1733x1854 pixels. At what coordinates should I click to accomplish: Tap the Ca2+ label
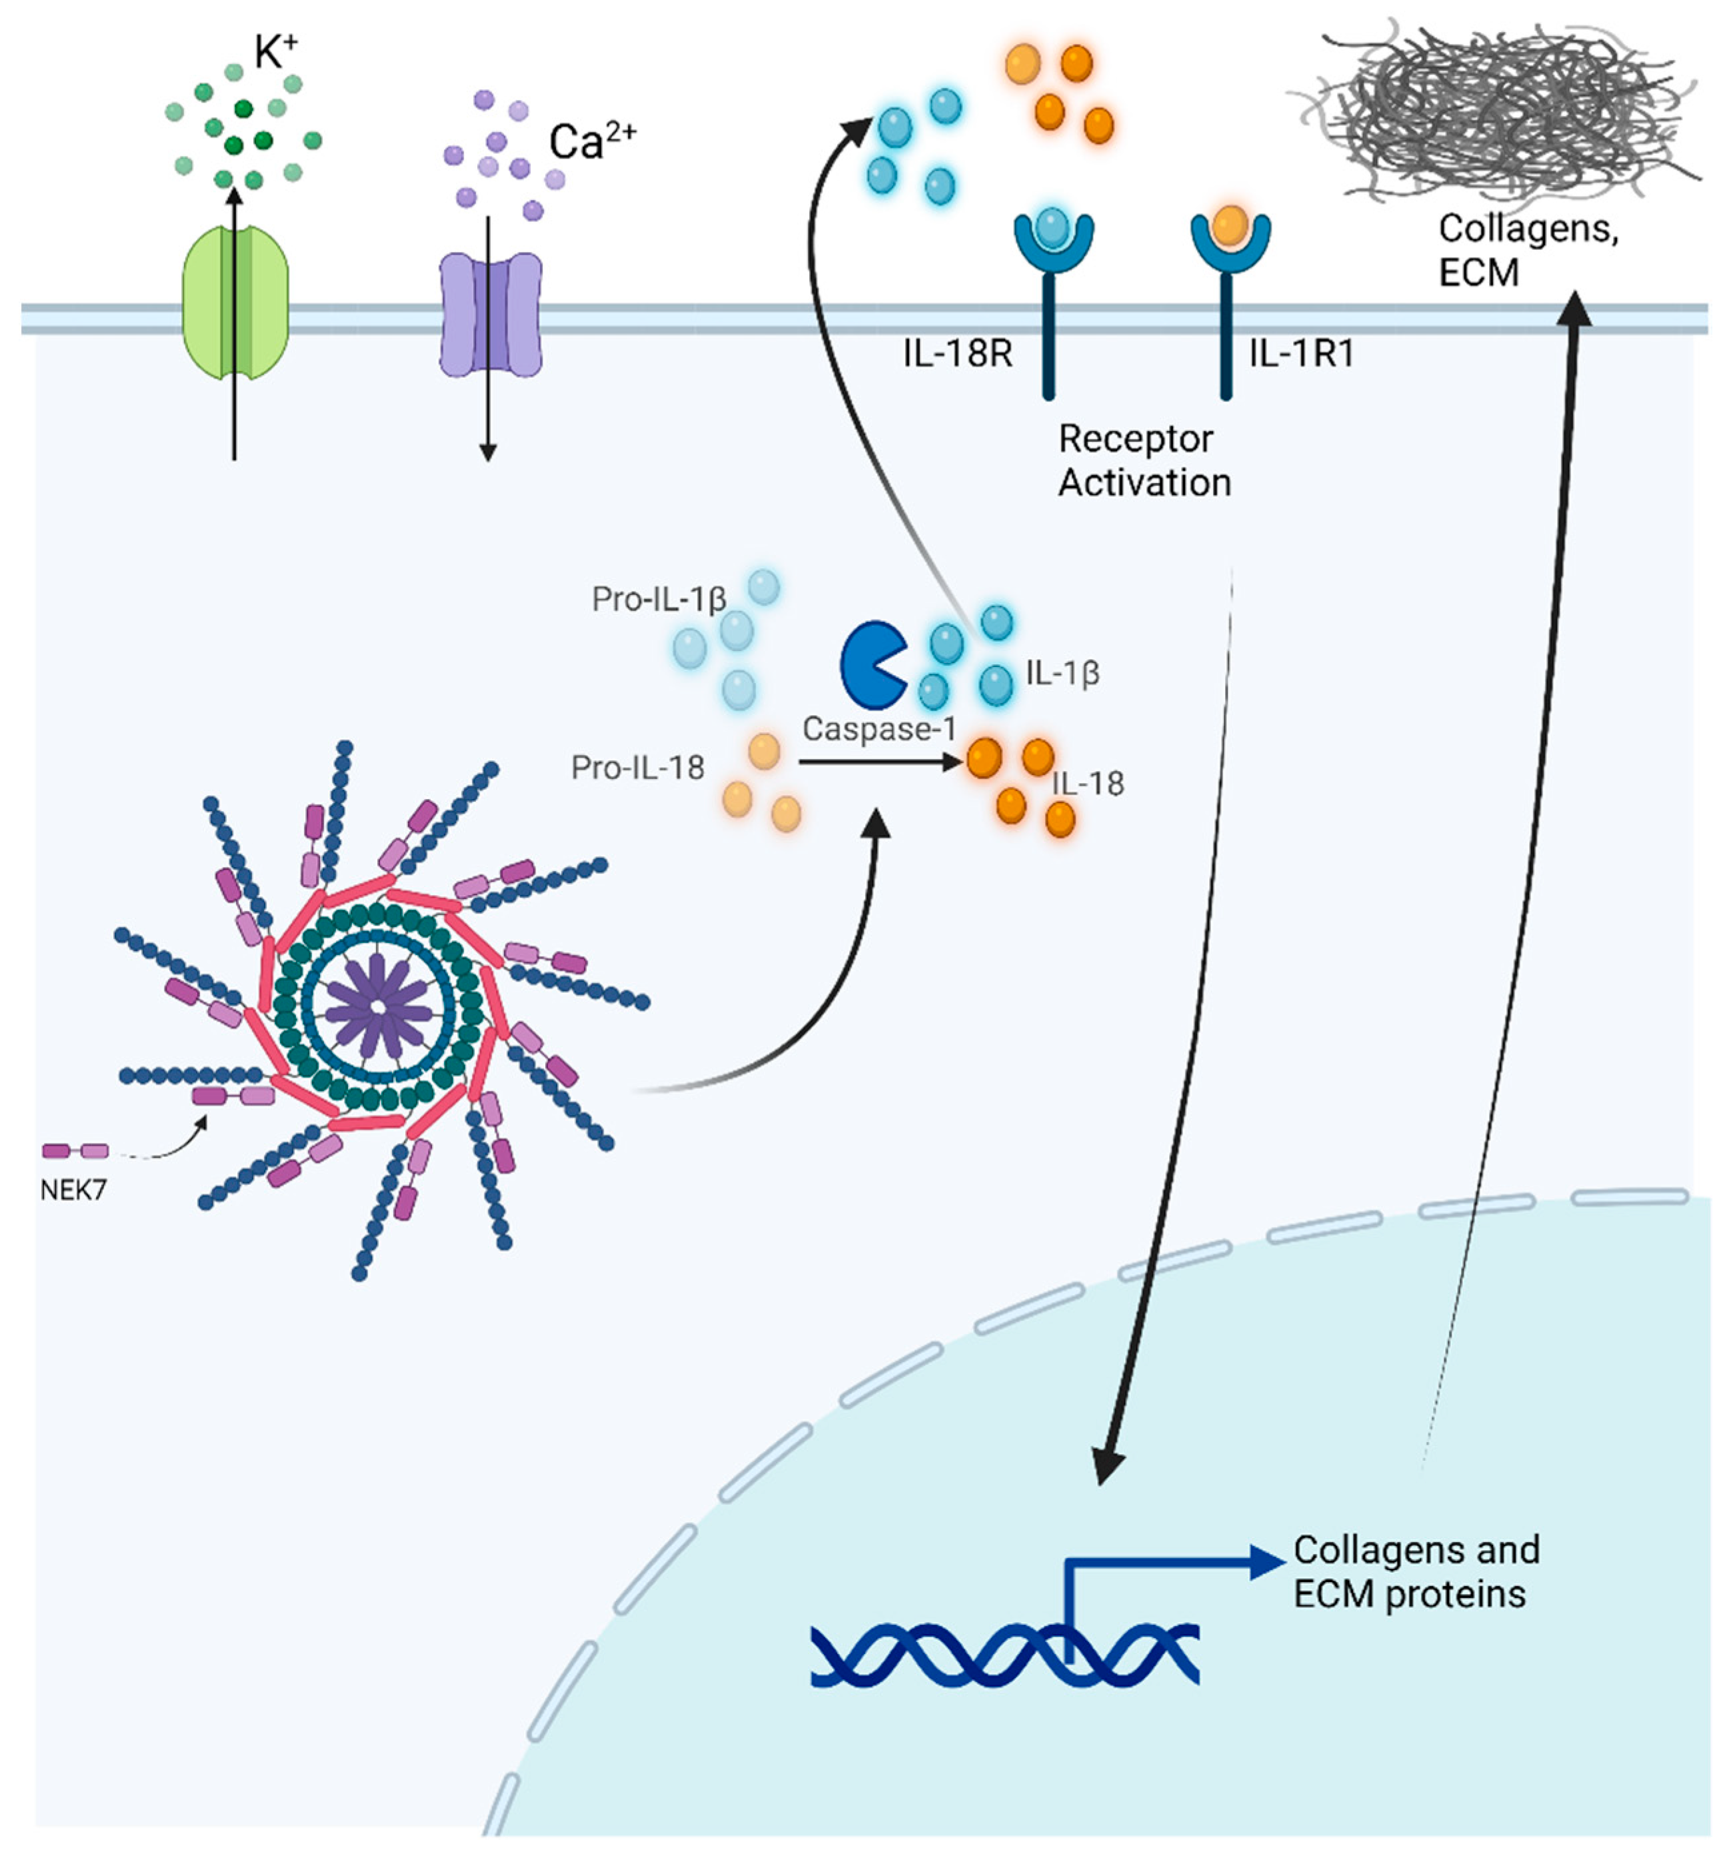[591, 142]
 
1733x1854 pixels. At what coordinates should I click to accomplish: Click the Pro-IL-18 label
[637, 768]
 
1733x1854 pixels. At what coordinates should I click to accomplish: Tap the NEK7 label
[73, 1190]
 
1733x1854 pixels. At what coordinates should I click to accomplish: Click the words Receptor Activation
[1144, 461]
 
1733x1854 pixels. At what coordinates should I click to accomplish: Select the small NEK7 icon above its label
[75, 1152]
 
